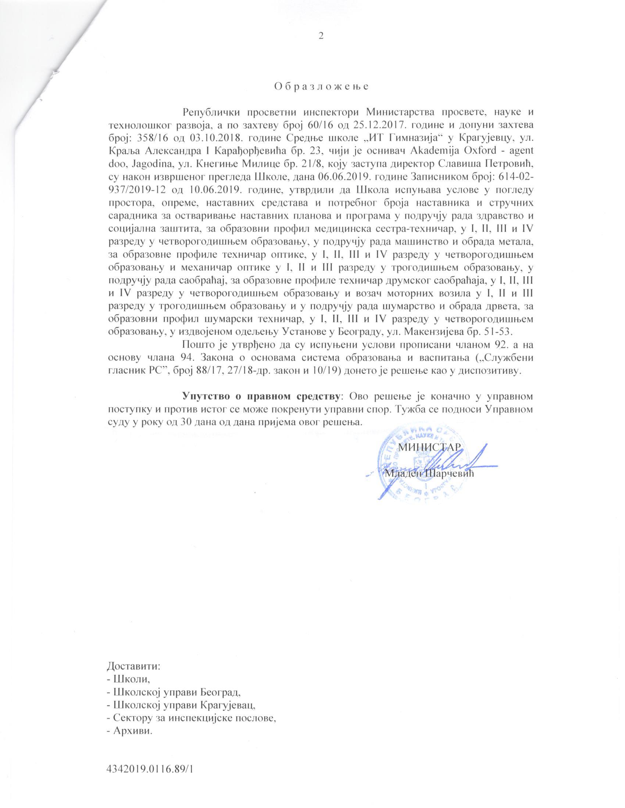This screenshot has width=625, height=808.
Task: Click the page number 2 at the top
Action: [321, 36]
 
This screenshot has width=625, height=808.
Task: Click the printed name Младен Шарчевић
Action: [429, 473]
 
